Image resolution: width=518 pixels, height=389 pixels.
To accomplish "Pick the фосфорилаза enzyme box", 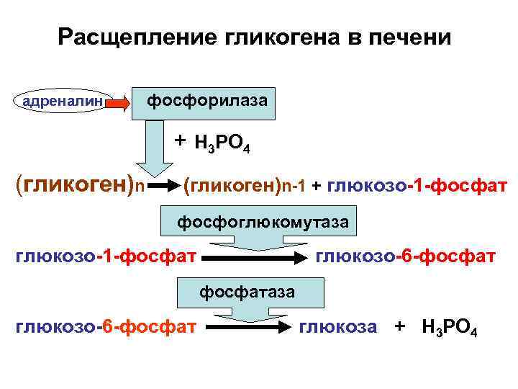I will tap(207, 101).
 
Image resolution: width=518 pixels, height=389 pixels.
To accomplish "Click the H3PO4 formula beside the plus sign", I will tap(222, 145).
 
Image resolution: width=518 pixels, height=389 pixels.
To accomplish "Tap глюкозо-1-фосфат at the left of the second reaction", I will tap(105, 256).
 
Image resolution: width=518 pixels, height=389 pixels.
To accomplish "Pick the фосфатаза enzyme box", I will tap(247, 291).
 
